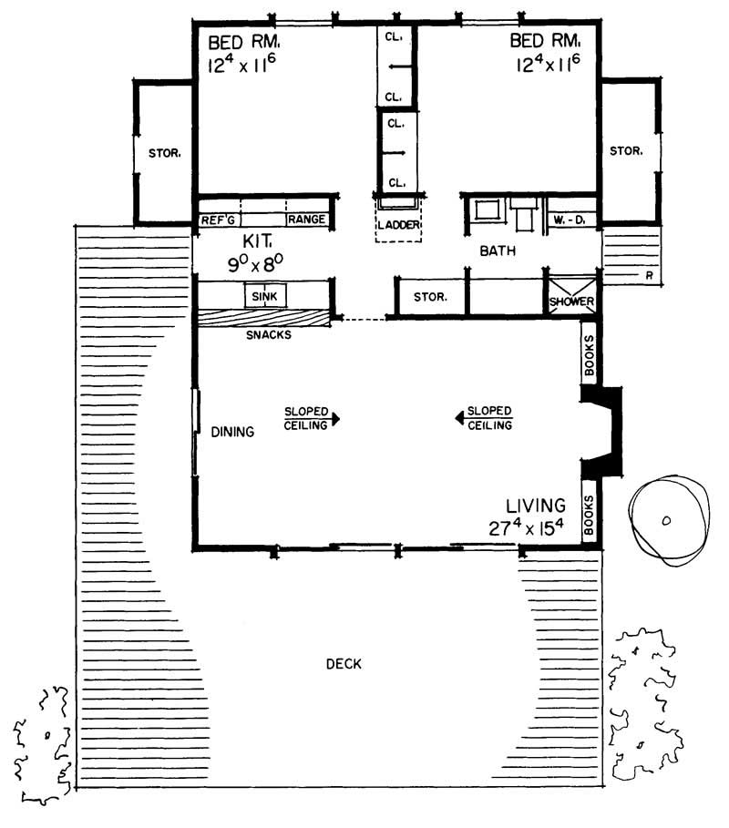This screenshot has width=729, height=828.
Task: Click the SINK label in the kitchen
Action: (x=264, y=297)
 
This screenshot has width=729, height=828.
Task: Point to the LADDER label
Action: (x=398, y=224)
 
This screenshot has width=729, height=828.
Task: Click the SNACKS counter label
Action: (x=268, y=334)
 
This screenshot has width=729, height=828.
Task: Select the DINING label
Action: (x=231, y=432)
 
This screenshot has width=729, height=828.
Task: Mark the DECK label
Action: (x=344, y=664)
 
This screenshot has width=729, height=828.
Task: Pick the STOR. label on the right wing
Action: (x=627, y=150)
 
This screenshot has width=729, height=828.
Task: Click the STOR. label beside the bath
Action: (x=429, y=297)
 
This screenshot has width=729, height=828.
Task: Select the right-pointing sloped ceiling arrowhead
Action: (x=336, y=419)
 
